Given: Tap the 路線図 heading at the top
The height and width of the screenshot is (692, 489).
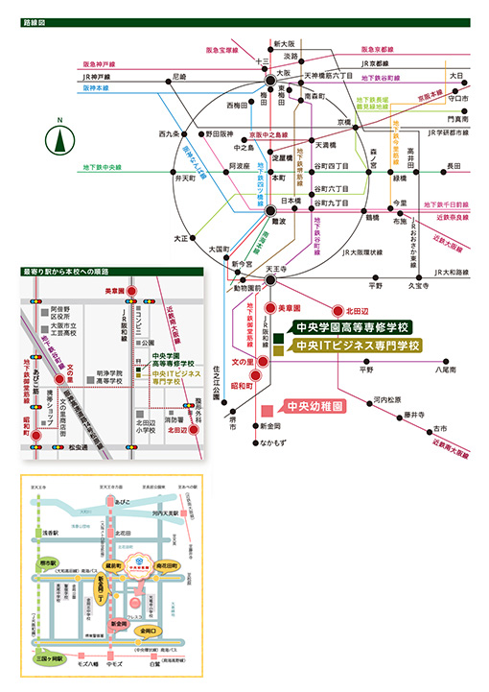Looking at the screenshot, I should pos(33,20).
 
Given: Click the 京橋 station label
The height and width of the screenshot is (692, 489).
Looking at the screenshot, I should pos(343,122).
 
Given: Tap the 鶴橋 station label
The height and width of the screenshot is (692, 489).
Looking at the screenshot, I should pos(372,219).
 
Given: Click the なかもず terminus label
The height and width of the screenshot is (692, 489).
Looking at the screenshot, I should pos(271,443).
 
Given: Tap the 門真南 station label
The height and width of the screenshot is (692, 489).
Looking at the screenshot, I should pos(455,119).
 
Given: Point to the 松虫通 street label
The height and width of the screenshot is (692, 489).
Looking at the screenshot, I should pos(77,447).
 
